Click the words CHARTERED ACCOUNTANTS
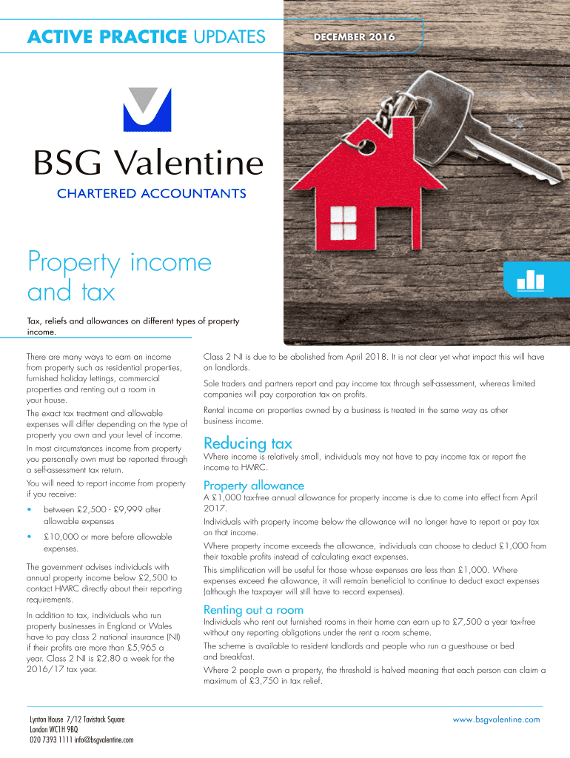152,194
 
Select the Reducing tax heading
247,443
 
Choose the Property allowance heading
253,485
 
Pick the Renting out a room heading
253,609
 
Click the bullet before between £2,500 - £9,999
29,510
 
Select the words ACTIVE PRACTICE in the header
107,36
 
